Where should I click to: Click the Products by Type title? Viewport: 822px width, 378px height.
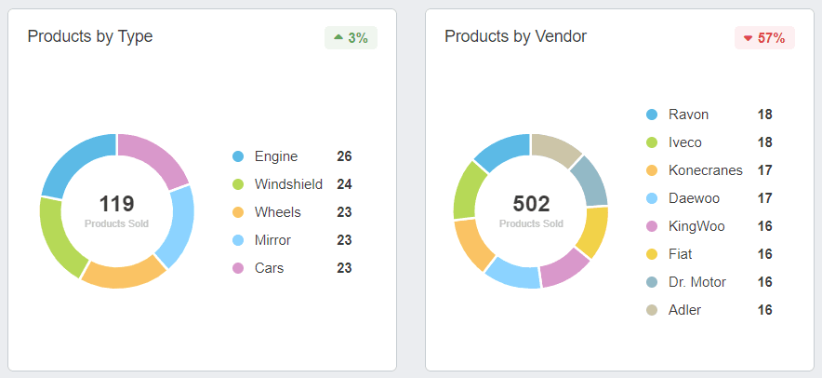tap(90, 36)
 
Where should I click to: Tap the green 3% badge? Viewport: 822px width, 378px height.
tap(351, 38)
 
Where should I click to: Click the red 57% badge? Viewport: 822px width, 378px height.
tap(764, 38)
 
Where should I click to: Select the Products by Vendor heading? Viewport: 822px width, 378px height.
tap(515, 36)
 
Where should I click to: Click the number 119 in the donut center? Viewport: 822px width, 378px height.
tap(116, 204)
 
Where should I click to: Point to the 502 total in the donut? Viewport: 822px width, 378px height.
tap(531, 204)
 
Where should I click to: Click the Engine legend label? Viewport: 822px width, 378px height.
tap(276, 156)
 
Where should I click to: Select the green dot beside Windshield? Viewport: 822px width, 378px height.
tap(238, 184)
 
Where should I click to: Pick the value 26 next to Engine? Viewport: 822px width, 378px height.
tap(344, 156)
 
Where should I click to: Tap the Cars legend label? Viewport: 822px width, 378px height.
tap(270, 268)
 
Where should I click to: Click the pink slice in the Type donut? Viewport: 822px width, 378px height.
tap(154, 157)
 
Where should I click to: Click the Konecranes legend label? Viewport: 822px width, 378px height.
tap(706, 170)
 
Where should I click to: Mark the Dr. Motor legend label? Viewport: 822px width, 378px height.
tap(697, 282)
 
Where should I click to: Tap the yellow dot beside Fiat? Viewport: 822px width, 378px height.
tap(652, 254)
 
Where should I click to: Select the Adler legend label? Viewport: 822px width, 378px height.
tap(685, 310)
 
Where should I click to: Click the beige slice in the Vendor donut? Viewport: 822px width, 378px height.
tap(557, 150)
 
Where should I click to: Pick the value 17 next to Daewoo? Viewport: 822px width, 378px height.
tap(765, 198)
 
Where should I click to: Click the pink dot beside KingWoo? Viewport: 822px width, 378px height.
tap(652, 226)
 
